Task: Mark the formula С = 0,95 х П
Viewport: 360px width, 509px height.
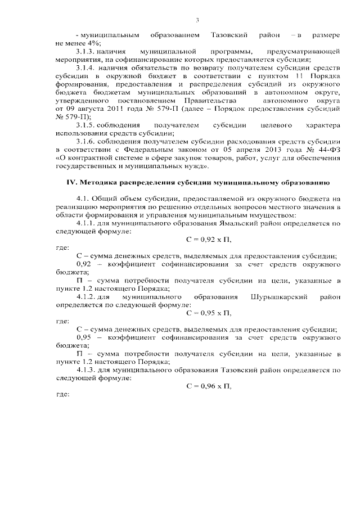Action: [208, 313]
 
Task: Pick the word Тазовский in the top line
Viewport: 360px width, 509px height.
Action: [229, 35]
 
